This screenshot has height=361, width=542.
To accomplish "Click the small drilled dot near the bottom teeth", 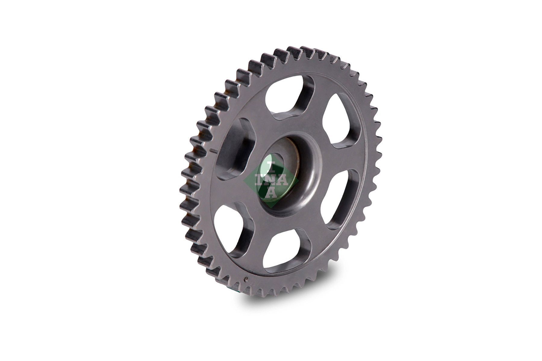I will (x=246, y=278).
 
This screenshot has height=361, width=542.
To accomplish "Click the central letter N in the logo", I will (x=271, y=180).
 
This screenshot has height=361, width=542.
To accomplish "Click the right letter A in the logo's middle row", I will (x=283, y=180).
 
